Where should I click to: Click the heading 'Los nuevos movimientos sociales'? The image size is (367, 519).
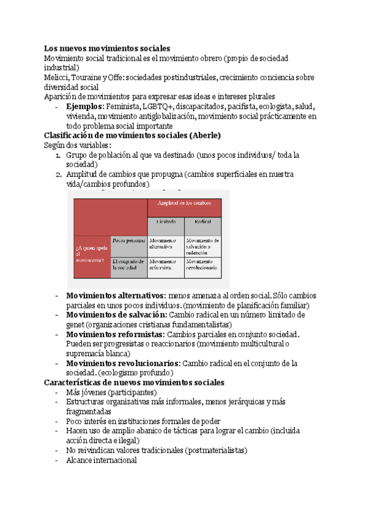click(107, 48)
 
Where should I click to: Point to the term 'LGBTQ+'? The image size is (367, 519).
click(157, 106)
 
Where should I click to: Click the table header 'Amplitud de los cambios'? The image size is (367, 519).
click(184, 203)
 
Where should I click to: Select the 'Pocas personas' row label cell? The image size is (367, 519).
click(128, 241)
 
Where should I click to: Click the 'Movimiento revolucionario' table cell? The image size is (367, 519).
click(202, 264)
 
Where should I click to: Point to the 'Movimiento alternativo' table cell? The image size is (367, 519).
click(166, 243)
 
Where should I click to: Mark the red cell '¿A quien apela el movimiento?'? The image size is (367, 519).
click(92, 253)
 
